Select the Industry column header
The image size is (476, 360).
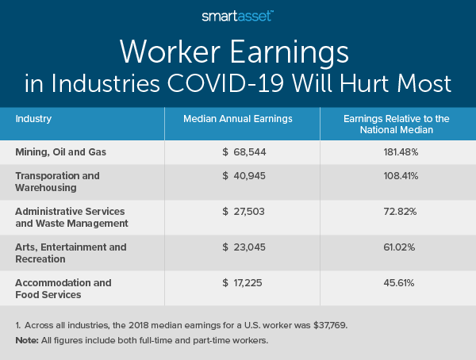33,119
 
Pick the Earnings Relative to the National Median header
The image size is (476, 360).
397,124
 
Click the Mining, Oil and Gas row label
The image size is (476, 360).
59,151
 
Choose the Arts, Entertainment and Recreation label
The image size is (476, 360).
71,253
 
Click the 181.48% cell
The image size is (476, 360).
397,151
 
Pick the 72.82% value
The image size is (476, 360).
397,216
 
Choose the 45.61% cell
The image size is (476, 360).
397,282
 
